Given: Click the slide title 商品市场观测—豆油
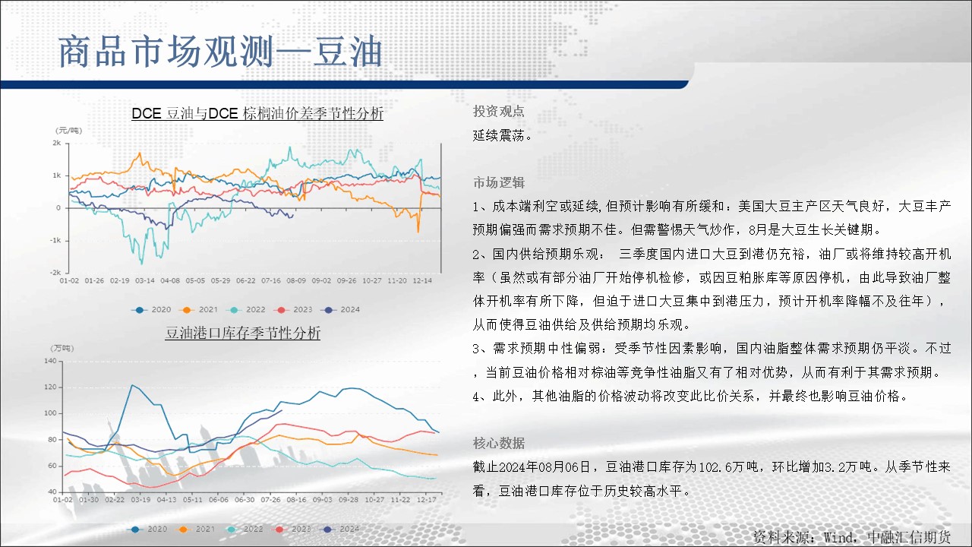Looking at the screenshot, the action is coord(220,52).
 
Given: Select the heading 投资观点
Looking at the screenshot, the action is coord(499,112).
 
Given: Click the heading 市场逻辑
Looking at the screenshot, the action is coord(499,183).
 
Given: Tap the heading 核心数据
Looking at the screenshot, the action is coord(499,443).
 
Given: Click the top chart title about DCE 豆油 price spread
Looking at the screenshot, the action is coord(257,114).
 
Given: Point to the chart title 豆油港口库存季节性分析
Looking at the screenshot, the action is coord(242,333).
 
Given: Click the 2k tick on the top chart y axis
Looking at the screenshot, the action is coord(56,143).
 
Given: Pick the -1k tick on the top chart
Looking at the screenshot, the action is coord(55,240).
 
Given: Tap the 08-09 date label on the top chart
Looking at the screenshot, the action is coord(296,280).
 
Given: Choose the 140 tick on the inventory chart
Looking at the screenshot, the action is coord(50,361).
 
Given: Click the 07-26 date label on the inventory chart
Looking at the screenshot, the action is coord(270,500).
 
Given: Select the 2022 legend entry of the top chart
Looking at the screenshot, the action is coord(248,309).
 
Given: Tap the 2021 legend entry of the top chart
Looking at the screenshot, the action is coord(200,309).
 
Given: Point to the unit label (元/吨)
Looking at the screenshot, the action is coord(68,131).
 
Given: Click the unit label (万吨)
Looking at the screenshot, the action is coord(62,348).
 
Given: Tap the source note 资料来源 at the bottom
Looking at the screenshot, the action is coord(851,537).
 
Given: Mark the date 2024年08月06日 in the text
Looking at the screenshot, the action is coord(544,466).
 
